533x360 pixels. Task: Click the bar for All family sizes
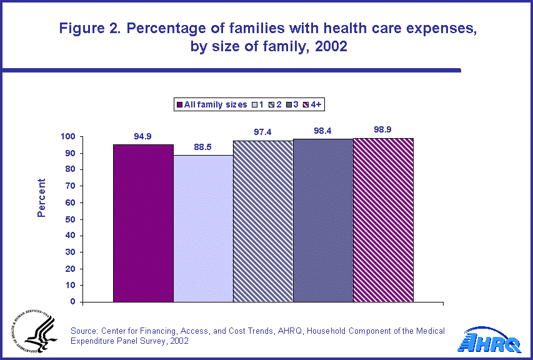click(143, 223)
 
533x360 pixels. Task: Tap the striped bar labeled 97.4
click(263, 221)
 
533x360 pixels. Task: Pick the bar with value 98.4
click(323, 221)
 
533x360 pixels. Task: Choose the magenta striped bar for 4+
click(383, 220)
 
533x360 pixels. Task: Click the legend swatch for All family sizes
click(179, 104)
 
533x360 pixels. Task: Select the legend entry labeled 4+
click(315, 104)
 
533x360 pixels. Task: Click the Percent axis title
click(41, 197)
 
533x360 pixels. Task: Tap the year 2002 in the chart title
click(329, 47)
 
